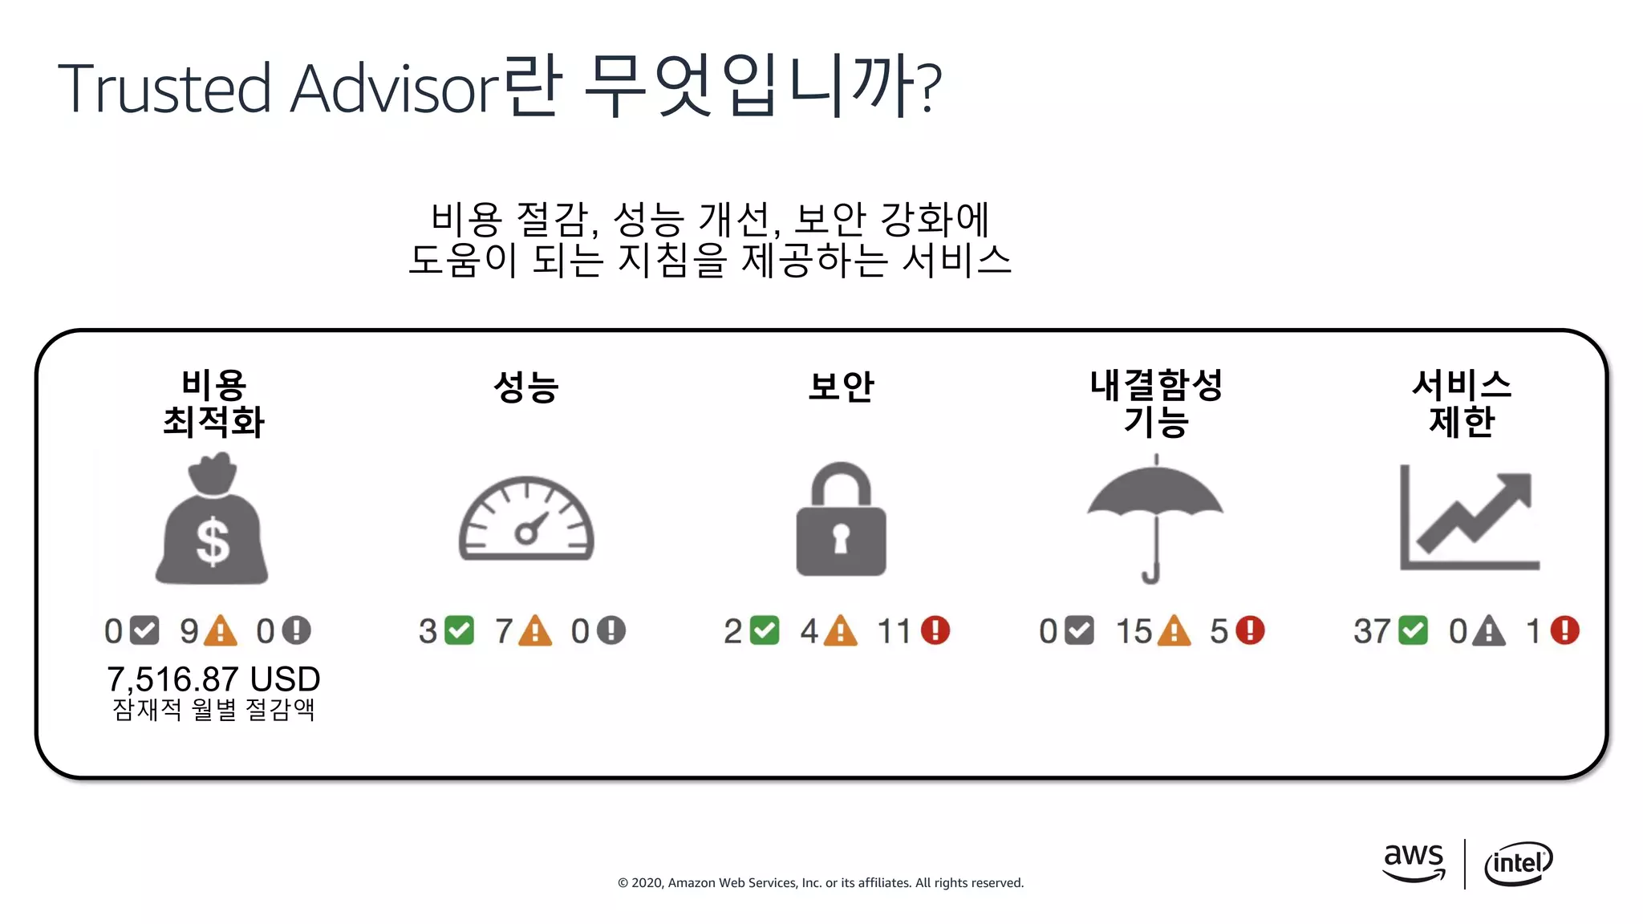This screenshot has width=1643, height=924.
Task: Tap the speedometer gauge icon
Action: pyautogui.click(x=526, y=519)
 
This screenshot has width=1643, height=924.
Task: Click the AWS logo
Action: pyautogui.click(x=1414, y=861)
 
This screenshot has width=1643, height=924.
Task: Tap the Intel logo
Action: pyautogui.click(x=1518, y=863)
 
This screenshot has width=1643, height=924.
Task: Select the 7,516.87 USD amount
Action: pyautogui.click(x=213, y=679)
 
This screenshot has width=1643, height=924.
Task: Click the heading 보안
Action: pyautogui.click(x=841, y=387)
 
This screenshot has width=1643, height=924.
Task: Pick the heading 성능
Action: pyautogui.click(x=526, y=387)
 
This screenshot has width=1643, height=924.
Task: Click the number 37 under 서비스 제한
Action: pyautogui.click(x=1372, y=631)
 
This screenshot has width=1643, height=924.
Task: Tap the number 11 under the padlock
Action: pyautogui.click(x=895, y=631)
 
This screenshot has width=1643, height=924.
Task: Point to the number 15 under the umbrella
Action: pyautogui.click(x=1134, y=631)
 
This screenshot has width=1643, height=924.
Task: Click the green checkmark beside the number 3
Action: pyautogui.click(x=460, y=630)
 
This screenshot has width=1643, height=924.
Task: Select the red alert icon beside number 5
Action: pyautogui.click(x=1250, y=630)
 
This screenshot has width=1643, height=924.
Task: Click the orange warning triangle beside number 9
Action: pyautogui.click(x=221, y=631)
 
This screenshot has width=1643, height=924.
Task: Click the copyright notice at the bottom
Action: pyautogui.click(x=820, y=882)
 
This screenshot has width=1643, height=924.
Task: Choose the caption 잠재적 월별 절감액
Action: pyautogui.click(x=213, y=709)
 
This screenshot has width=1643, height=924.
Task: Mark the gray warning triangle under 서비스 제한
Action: pyautogui.click(x=1489, y=631)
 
